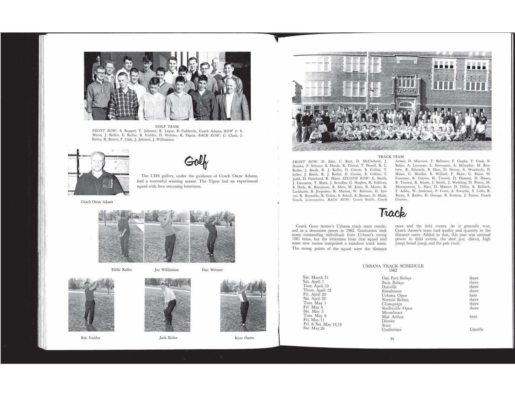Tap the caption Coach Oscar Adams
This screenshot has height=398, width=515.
(97, 202)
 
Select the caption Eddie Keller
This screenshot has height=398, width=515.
(121, 270)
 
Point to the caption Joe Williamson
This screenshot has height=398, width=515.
(167, 270)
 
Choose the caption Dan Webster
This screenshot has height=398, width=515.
(212, 270)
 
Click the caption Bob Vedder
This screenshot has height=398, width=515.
(91, 338)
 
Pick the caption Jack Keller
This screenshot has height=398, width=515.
(168, 338)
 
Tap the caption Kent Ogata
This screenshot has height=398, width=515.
(244, 338)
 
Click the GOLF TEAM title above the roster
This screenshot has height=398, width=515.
(167, 127)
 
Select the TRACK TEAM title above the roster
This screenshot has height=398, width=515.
(391, 157)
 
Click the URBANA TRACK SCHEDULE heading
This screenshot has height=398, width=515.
(393, 266)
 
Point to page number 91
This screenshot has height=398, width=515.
(392, 340)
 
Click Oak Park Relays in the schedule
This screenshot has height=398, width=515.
(396, 278)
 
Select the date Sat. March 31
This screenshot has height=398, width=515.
(316, 278)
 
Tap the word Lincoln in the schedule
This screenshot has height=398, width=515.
(476, 329)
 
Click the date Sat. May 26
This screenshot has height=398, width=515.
(314, 328)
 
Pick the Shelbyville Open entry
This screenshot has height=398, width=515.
(397, 308)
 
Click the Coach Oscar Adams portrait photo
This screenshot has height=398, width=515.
(98, 172)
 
